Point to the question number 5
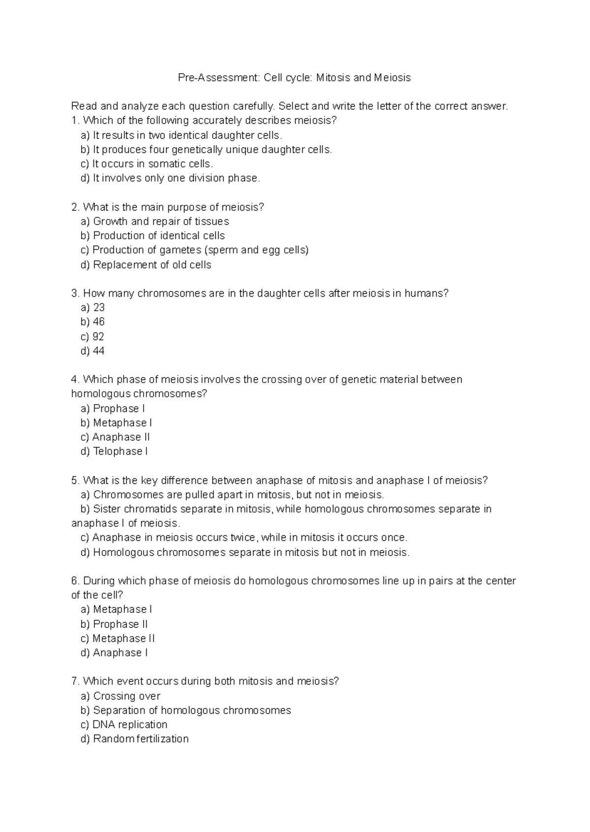(75, 480)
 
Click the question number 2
(75, 207)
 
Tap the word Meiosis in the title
(392, 78)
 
